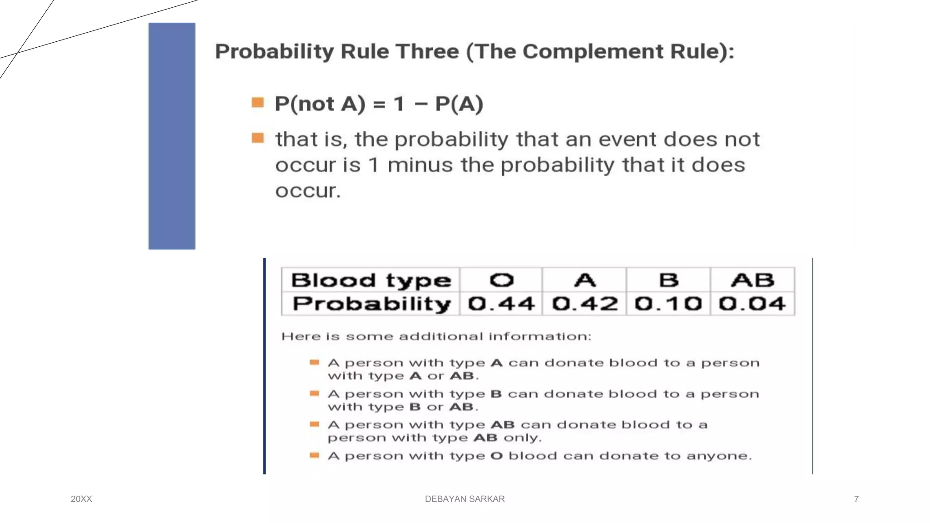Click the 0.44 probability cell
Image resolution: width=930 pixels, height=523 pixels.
point(501,304)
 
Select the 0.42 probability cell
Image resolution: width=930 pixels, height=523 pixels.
point(585,304)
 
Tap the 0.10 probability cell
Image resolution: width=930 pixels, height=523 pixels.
point(668,304)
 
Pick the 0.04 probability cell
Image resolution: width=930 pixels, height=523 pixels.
point(752,304)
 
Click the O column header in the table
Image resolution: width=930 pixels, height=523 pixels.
point(501,280)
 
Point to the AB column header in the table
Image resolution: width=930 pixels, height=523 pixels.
point(752,280)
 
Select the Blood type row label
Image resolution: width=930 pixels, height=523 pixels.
point(371,281)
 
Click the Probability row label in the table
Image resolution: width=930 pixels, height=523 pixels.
point(371,304)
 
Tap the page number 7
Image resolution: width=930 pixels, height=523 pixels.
point(856,499)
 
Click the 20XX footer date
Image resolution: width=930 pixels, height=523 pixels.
point(81,499)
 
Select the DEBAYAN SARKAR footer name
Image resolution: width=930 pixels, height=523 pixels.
point(465,499)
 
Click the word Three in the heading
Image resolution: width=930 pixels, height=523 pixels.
point(428,51)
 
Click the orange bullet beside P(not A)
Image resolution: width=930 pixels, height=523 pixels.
point(258,103)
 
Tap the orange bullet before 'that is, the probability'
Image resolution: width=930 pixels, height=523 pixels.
point(258,138)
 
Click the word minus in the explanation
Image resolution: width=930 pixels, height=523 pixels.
point(420,165)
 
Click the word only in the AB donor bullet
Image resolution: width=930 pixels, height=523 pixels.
point(522,438)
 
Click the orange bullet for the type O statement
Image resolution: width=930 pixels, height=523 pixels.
point(314,455)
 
